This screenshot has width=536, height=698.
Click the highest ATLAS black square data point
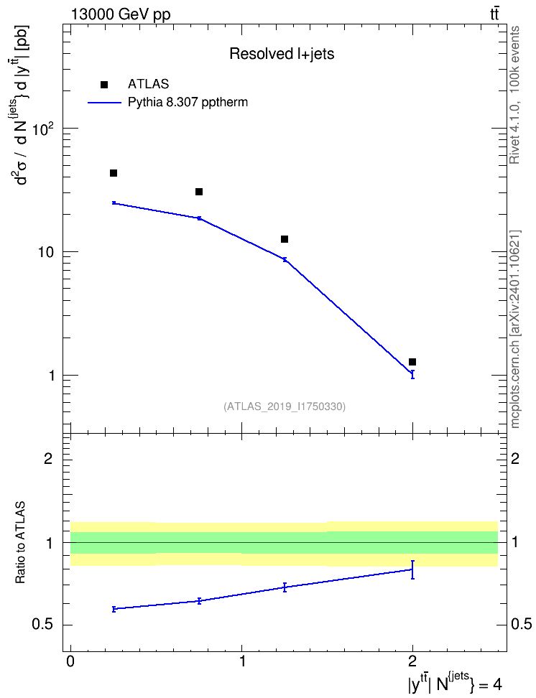(x=114, y=173)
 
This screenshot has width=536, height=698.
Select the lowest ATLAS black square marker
(x=412, y=362)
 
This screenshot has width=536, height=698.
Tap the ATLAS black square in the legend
(x=104, y=85)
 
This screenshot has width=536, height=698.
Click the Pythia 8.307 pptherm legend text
(x=188, y=103)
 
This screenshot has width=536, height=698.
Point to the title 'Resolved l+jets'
(x=282, y=54)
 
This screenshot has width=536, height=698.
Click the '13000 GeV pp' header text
(x=121, y=14)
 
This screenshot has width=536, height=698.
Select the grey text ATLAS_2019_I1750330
(x=285, y=406)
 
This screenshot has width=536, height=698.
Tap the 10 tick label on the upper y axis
(x=46, y=252)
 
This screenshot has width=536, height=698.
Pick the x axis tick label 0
(x=70, y=661)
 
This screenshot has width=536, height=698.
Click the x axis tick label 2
(x=412, y=661)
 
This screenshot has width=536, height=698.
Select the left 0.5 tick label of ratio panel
(x=43, y=625)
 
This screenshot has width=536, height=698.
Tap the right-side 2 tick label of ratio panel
(x=515, y=458)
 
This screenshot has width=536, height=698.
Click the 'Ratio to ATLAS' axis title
(x=20, y=543)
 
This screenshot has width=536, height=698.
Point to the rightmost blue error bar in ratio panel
(x=412, y=569)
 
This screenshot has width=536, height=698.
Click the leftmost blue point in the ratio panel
(x=114, y=608)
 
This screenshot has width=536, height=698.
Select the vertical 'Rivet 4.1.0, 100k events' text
(x=515, y=95)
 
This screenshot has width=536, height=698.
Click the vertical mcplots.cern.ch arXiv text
(x=515, y=330)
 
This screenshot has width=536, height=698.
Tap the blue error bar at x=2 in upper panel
(x=412, y=374)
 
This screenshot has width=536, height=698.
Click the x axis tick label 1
(x=242, y=661)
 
